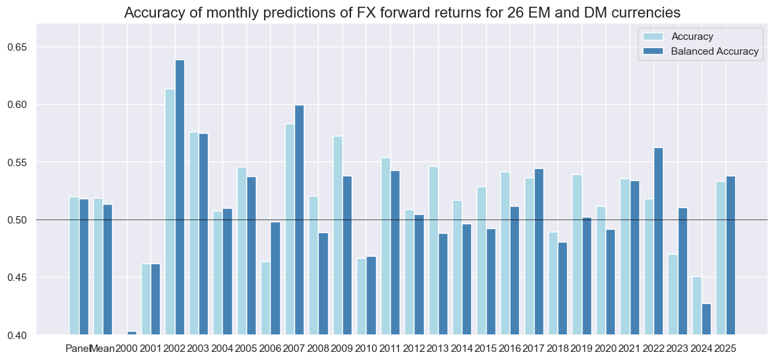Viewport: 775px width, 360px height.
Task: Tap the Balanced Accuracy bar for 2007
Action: pyautogui.click(x=299, y=220)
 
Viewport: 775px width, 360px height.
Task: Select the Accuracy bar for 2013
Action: pyautogui.click(x=433, y=251)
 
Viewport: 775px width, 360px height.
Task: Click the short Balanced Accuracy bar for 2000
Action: pyautogui.click(x=132, y=333)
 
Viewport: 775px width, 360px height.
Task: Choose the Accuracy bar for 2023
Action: pyautogui.click(x=673, y=294)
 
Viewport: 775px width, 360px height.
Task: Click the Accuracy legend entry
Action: pyautogui.click(x=689, y=36)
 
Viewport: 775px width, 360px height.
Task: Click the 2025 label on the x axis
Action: pyautogui.click(x=726, y=349)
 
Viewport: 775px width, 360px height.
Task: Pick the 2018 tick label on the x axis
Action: pyautogui.click(x=558, y=349)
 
